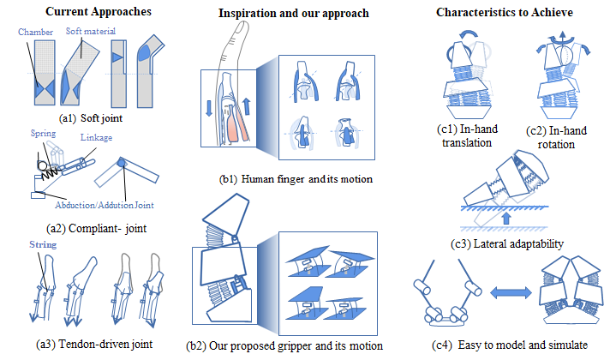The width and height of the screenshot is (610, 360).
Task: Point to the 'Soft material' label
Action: click(93, 31)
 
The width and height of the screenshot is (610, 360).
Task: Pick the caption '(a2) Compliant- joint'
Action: click(90, 230)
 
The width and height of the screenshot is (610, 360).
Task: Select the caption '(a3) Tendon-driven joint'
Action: click(88, 344)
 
